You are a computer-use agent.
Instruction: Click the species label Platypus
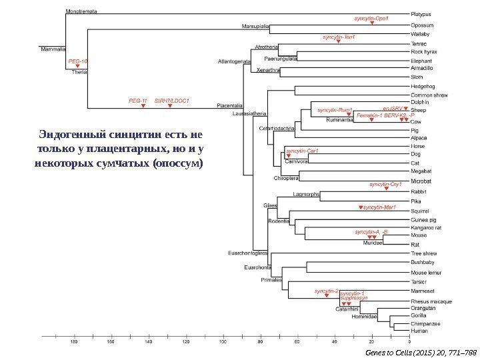tap(421, 13)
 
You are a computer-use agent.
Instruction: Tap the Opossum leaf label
tap(421, 25)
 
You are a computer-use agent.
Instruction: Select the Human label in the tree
tap(419, 331)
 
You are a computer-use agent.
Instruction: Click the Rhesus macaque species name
tap(431, 301)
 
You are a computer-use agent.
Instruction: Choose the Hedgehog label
tap(423, 86)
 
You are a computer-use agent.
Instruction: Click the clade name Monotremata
tap(81, 12)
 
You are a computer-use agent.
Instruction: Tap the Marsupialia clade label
tap(255, 27)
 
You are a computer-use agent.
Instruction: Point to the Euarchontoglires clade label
tap(247, 253)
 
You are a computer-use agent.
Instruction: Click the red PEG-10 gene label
tap(78, 61)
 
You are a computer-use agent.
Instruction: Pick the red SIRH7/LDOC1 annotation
tap(172, 101)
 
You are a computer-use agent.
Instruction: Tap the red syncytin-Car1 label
tap(302, 151)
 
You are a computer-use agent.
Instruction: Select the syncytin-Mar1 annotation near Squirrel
tap(380, 207)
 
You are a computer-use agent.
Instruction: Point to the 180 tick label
tap(74, 342)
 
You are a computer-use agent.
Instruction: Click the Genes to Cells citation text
tap(415, 351)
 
